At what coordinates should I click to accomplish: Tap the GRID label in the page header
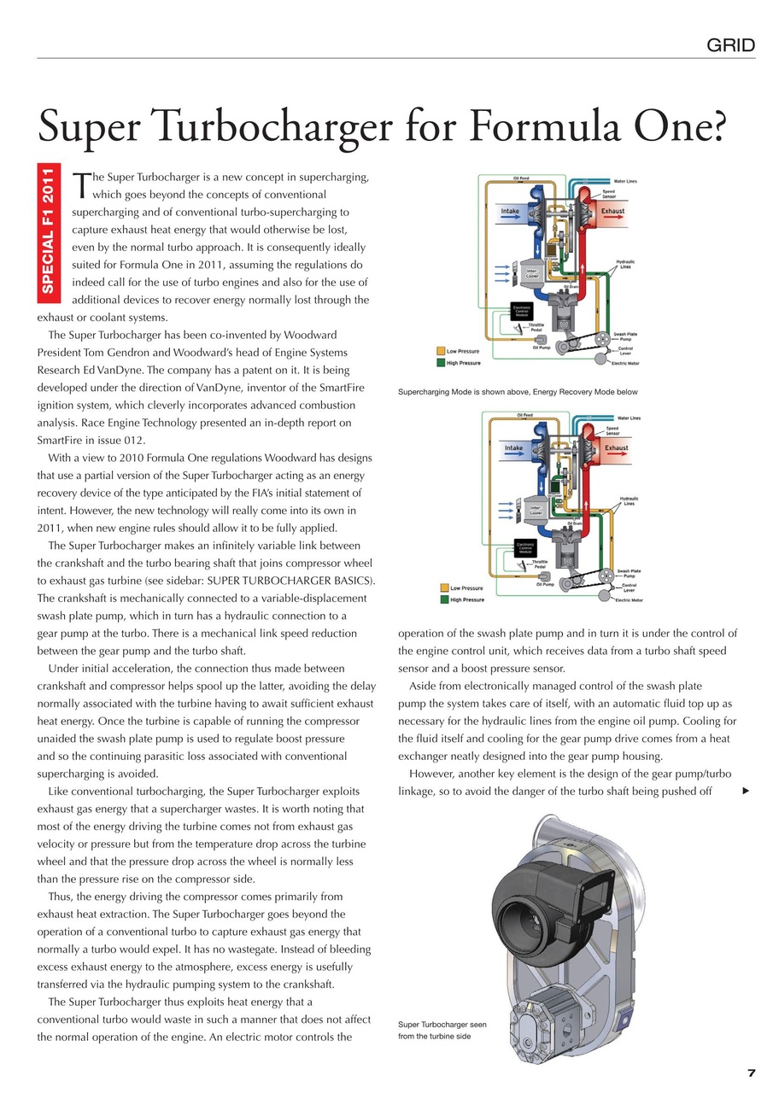coord(730,45)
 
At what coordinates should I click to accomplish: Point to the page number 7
coord(751,1073)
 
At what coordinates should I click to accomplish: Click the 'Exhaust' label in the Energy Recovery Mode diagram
coord(617,447)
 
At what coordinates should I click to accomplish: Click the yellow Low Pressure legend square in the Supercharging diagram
coord(441,351)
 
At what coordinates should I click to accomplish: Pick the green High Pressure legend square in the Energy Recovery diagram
coord(444,599)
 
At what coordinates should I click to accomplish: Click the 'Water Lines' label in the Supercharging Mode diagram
coord(630,181)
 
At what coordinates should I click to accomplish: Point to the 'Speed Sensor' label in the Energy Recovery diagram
coord(612,432)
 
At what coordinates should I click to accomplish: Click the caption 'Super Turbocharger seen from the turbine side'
coord(442,1030)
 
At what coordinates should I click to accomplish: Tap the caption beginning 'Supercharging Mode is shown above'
coord(518,392)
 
